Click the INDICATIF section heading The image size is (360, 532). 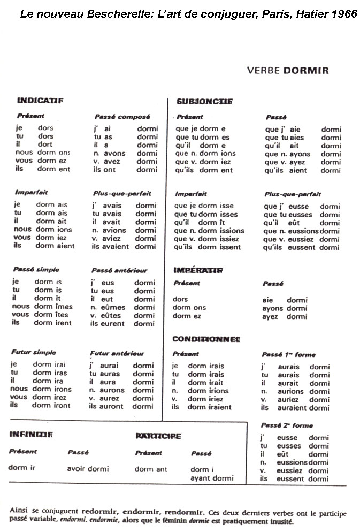click(x=40, y=100)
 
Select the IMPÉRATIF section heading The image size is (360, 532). click(x=198, y=270)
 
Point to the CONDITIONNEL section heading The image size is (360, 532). click(x=206, y=339)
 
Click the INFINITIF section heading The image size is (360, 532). click(x=31, y=435)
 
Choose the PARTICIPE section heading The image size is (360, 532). click(x=158, y=436)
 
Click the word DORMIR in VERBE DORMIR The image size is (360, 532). click(x=306, y=70)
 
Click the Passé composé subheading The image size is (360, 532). click(x=122, y=116)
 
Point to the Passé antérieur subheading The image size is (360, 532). click(x=119, y=270)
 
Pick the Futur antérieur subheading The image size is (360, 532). click(x=117, y=353)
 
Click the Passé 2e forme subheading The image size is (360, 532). click(x=287, y=425)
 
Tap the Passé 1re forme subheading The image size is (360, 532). click(x=288, y=354)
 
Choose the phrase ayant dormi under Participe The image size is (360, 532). click(x=212, y=478)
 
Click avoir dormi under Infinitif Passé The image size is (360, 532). click(x=88, y=468)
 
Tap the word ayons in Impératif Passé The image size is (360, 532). click(x=273, y=308)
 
